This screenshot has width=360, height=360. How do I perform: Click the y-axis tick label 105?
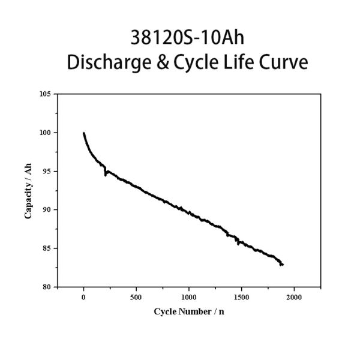[x=46, y=94]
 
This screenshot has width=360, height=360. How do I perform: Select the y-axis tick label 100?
[x=46, y=133]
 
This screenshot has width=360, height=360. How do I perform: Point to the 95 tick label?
[x=47, y=171]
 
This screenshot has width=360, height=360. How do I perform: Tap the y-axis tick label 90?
[x=47, y=209]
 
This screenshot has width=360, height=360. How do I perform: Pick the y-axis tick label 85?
[x=47, y=248]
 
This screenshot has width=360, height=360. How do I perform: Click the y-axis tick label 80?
[x=47, y=287]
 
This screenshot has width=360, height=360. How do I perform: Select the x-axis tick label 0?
[x=83, y=297]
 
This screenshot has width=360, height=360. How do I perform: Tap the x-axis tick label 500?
[x=136, y=297]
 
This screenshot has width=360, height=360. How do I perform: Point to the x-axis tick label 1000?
[x=189, y=297]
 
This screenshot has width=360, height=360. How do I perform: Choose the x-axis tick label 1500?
[x=242, y=297]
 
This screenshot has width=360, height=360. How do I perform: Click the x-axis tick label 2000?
[x=294, y=297]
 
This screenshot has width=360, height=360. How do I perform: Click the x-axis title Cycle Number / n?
[x=190, y=311]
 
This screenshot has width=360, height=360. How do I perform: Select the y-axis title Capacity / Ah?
[x=28, y=191]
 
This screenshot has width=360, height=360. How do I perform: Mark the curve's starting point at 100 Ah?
[x=84, y=133]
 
